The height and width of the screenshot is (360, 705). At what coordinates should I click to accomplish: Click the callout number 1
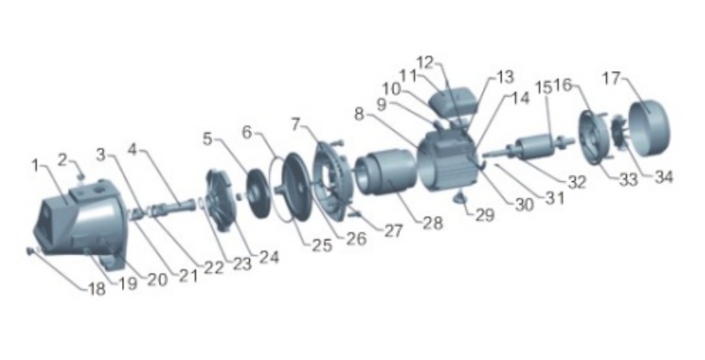tap(35, 165)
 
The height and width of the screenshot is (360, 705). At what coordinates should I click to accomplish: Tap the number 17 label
tap(611, 79)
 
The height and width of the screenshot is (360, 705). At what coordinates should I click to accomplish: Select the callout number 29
tap(485, 215)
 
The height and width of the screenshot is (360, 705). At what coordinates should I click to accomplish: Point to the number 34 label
tap(663, 176)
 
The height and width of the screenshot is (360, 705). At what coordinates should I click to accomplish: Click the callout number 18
tap(97, 288)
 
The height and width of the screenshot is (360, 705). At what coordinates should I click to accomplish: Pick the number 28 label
tap(433, 223)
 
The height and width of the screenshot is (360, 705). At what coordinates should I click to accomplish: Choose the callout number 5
tap(208, 139)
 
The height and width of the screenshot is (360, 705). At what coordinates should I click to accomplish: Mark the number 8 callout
tap(358, 114)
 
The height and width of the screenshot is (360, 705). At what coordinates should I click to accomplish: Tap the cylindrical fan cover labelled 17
tap(649, 128)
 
